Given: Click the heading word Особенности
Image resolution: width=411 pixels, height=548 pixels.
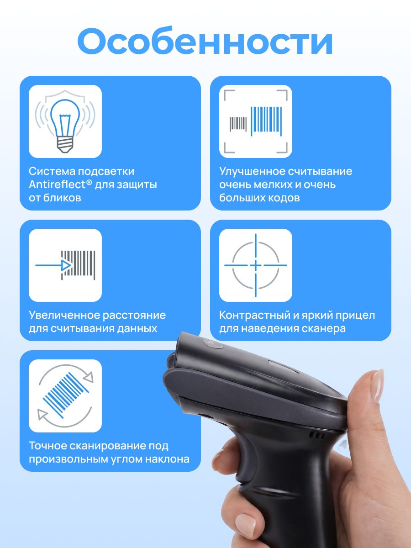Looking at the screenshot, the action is click(205, 41).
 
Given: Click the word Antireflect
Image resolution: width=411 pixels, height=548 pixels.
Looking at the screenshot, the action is click(58, 185).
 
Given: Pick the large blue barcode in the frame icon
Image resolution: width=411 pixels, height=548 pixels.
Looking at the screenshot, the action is click(266, 121).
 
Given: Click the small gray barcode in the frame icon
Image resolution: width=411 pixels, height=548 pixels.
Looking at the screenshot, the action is click(238, 124).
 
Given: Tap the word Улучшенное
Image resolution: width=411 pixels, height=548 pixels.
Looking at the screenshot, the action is click(252, 172).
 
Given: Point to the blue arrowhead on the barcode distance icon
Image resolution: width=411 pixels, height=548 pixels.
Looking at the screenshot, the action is click(66, 265).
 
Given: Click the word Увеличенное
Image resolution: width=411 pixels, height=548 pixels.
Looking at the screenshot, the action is click(64, 315).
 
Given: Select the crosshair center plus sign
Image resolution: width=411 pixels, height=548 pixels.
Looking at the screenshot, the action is click(256, 265).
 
